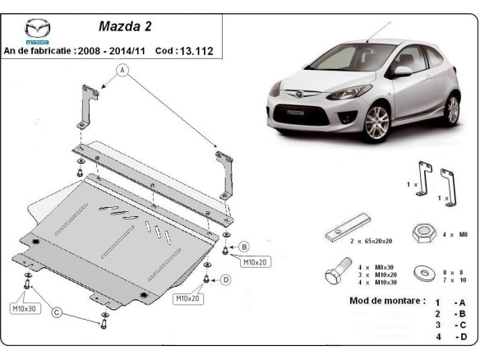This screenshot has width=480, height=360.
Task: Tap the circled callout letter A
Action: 123,70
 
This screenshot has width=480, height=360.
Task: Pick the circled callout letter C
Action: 56,312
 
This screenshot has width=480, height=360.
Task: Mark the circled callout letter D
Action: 226,279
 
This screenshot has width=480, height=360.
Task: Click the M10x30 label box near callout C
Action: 23,308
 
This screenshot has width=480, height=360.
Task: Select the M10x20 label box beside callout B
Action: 254,262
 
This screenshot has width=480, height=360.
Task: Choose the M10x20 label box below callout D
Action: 187,298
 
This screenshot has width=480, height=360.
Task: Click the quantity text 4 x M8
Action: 455,234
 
